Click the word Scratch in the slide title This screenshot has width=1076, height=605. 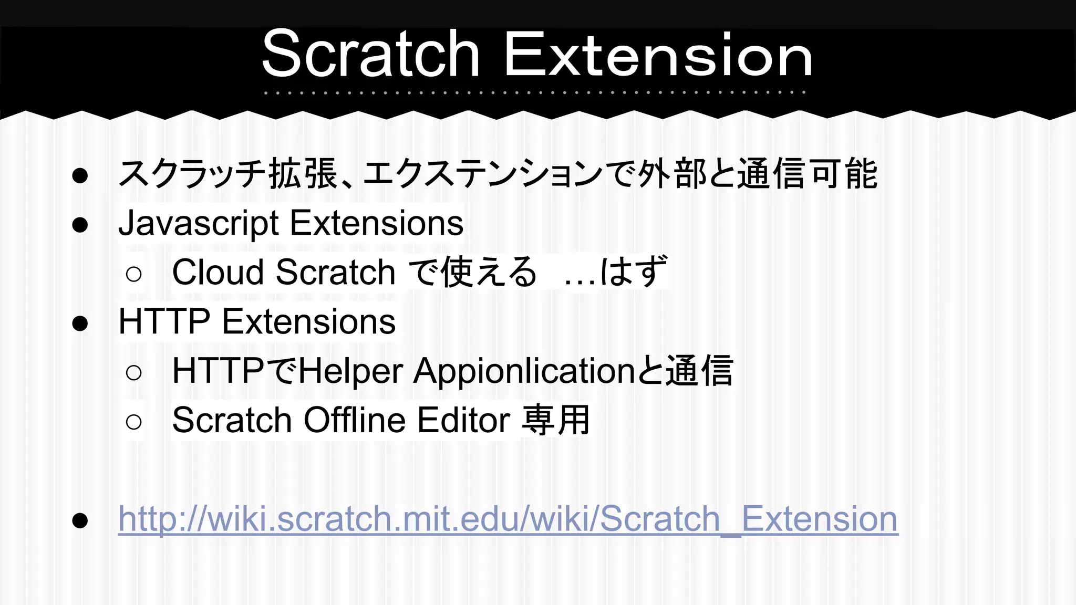[x=371, y=54]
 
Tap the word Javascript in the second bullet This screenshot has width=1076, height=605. [x=199, y=223]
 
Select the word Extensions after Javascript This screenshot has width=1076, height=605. [x=377, y=223]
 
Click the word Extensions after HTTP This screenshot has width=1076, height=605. [x=309, y=321]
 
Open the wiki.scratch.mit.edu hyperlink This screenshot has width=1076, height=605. [x=508, y=519]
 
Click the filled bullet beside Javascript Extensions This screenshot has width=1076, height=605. [x=80, y=225]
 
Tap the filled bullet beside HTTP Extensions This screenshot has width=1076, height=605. [x=80, y=324]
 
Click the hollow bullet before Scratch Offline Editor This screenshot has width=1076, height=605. [x=134, y=422]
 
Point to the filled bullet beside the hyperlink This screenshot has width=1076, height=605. [x=80, y=520]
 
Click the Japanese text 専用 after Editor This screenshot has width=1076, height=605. [x=556, y=420]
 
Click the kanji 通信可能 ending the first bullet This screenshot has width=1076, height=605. [x=807, y=174]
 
